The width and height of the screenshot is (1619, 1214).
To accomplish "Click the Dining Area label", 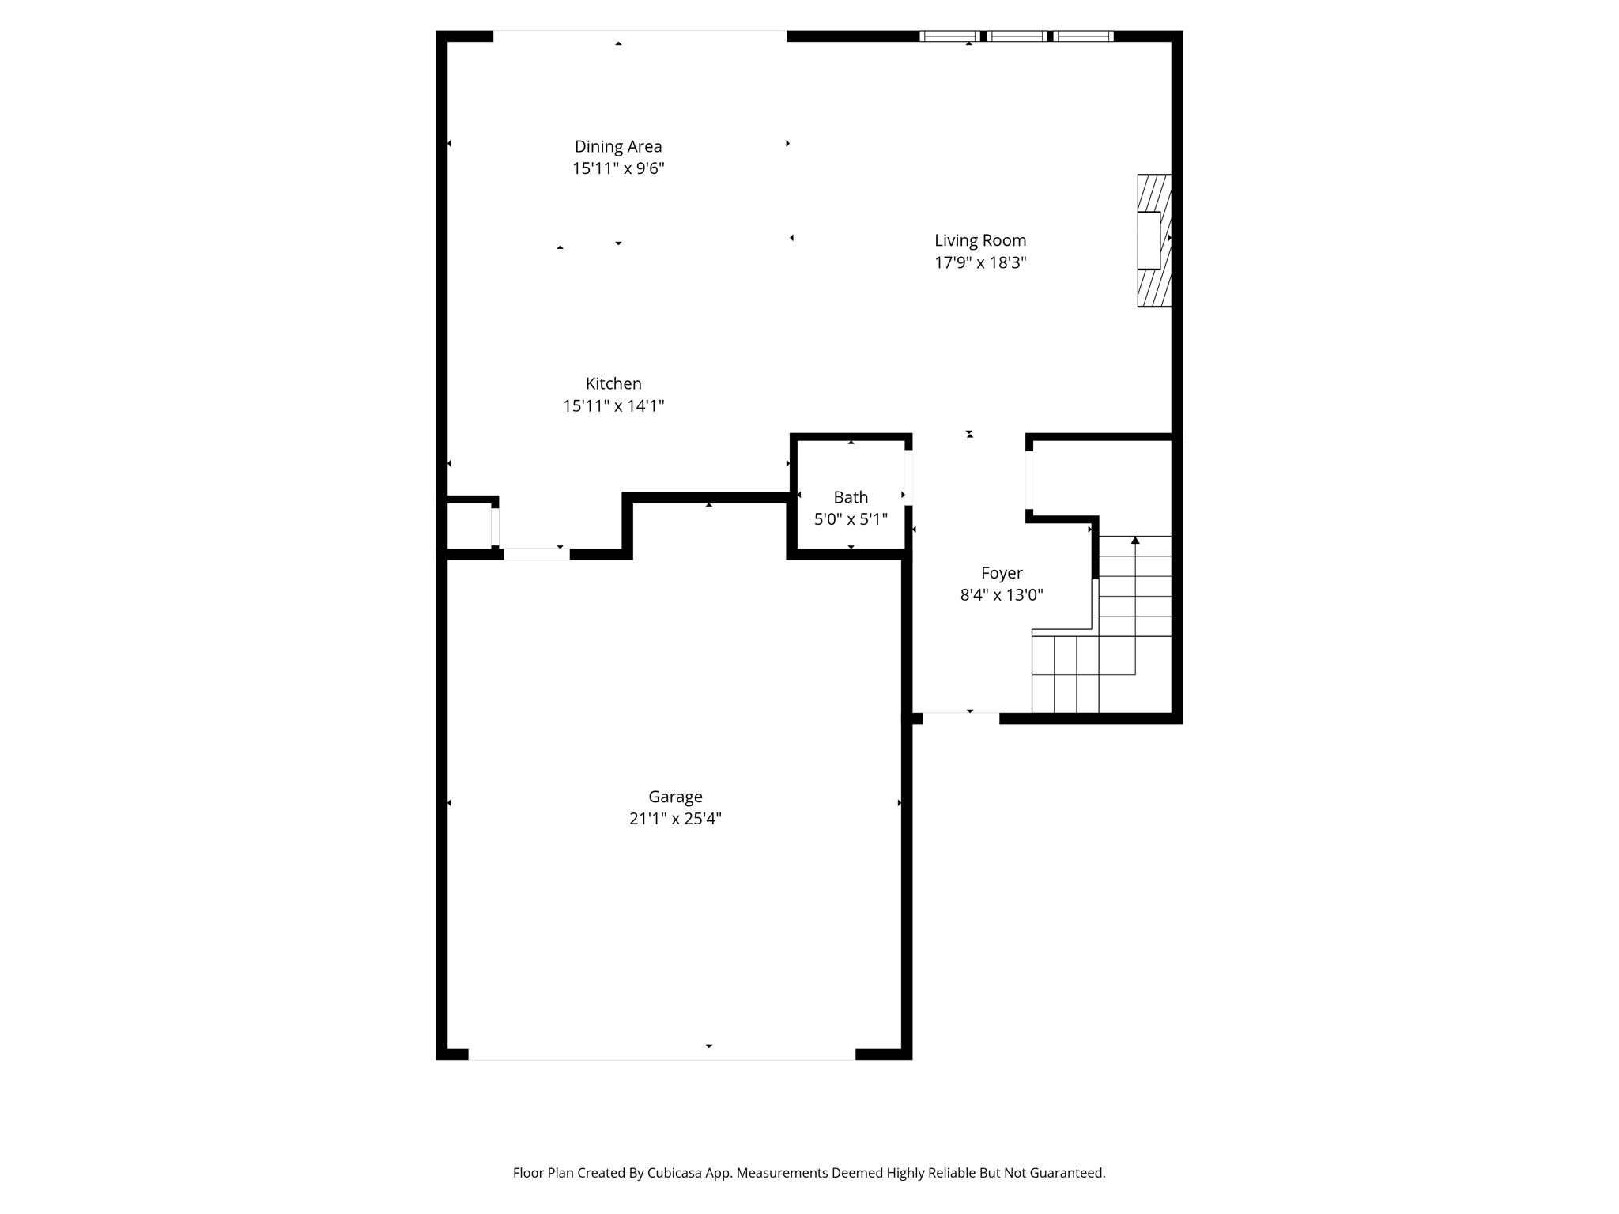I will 617,146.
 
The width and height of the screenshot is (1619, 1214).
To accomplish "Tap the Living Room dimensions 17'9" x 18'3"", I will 979,262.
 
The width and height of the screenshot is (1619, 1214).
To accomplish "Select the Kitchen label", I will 613,383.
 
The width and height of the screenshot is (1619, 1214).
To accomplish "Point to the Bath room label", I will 851,497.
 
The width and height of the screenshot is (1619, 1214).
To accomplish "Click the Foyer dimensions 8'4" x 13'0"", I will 1001,595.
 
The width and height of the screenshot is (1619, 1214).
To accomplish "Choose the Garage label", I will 675,797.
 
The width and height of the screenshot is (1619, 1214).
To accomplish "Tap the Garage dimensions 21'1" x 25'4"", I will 675,819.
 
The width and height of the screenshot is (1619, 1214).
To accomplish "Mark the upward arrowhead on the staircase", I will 1135,541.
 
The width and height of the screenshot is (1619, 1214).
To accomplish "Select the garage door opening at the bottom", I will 662,1054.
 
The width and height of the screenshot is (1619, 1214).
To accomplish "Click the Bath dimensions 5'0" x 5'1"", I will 851,519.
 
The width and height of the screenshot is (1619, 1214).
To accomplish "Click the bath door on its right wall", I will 908,477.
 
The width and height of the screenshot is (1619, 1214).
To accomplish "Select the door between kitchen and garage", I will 536,554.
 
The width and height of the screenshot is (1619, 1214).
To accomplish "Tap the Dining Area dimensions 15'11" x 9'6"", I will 617,168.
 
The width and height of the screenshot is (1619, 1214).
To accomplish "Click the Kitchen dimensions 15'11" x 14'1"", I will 613,406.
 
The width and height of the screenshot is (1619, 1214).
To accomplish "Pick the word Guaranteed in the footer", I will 1064,1173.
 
